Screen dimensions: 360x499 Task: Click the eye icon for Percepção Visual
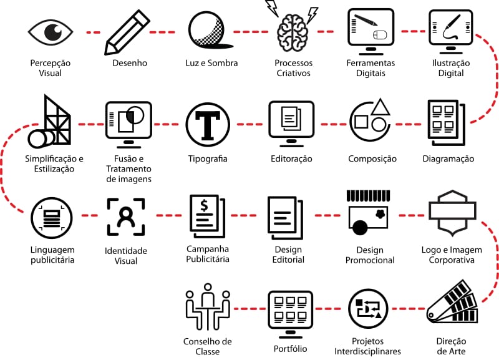click(x=51, y=31)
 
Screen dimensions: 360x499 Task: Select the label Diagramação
click(x=448, y=158)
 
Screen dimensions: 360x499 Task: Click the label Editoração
click(x=291, y=158)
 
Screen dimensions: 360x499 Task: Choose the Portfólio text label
click(x=291, y=349)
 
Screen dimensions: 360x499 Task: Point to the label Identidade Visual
click(x=126, y=255)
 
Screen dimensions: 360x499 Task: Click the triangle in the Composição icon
click(x=380, y=107)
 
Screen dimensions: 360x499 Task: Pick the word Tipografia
click(x=208, y=158)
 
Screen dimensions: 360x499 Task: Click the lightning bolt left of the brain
click(x=272, y=8)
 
